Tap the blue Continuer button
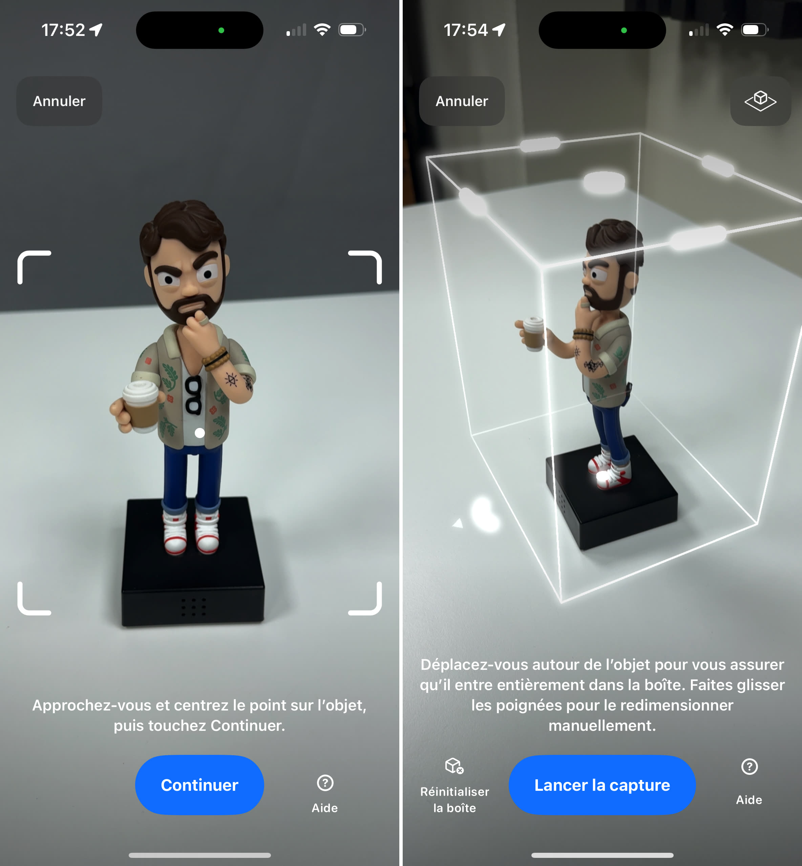coord(199,785)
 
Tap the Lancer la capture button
coord(602,785)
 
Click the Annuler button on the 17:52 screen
coord(59,101)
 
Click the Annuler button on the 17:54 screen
coord(462,101)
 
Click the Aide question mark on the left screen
coord(325,783)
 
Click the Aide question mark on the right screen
coord(749,767)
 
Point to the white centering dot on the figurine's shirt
coord(199,433)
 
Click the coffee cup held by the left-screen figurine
coord(140,406)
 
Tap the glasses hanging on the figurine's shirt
coord(193,395)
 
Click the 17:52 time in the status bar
coord(63,30)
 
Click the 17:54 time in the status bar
coord(466,30)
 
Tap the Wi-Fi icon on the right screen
coord(725,30)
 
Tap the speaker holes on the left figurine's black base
coord(193,607)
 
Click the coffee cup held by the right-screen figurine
coord(533,333)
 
